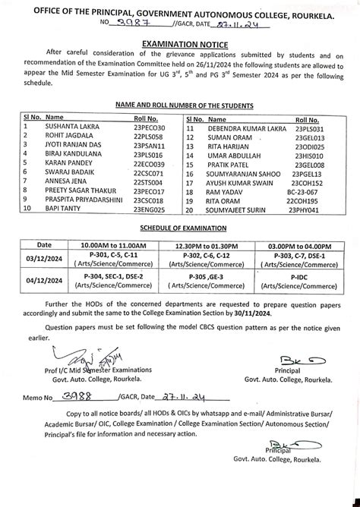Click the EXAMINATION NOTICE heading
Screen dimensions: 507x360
pos(179,46)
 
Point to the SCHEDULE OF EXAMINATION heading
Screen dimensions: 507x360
pos(179,228)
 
